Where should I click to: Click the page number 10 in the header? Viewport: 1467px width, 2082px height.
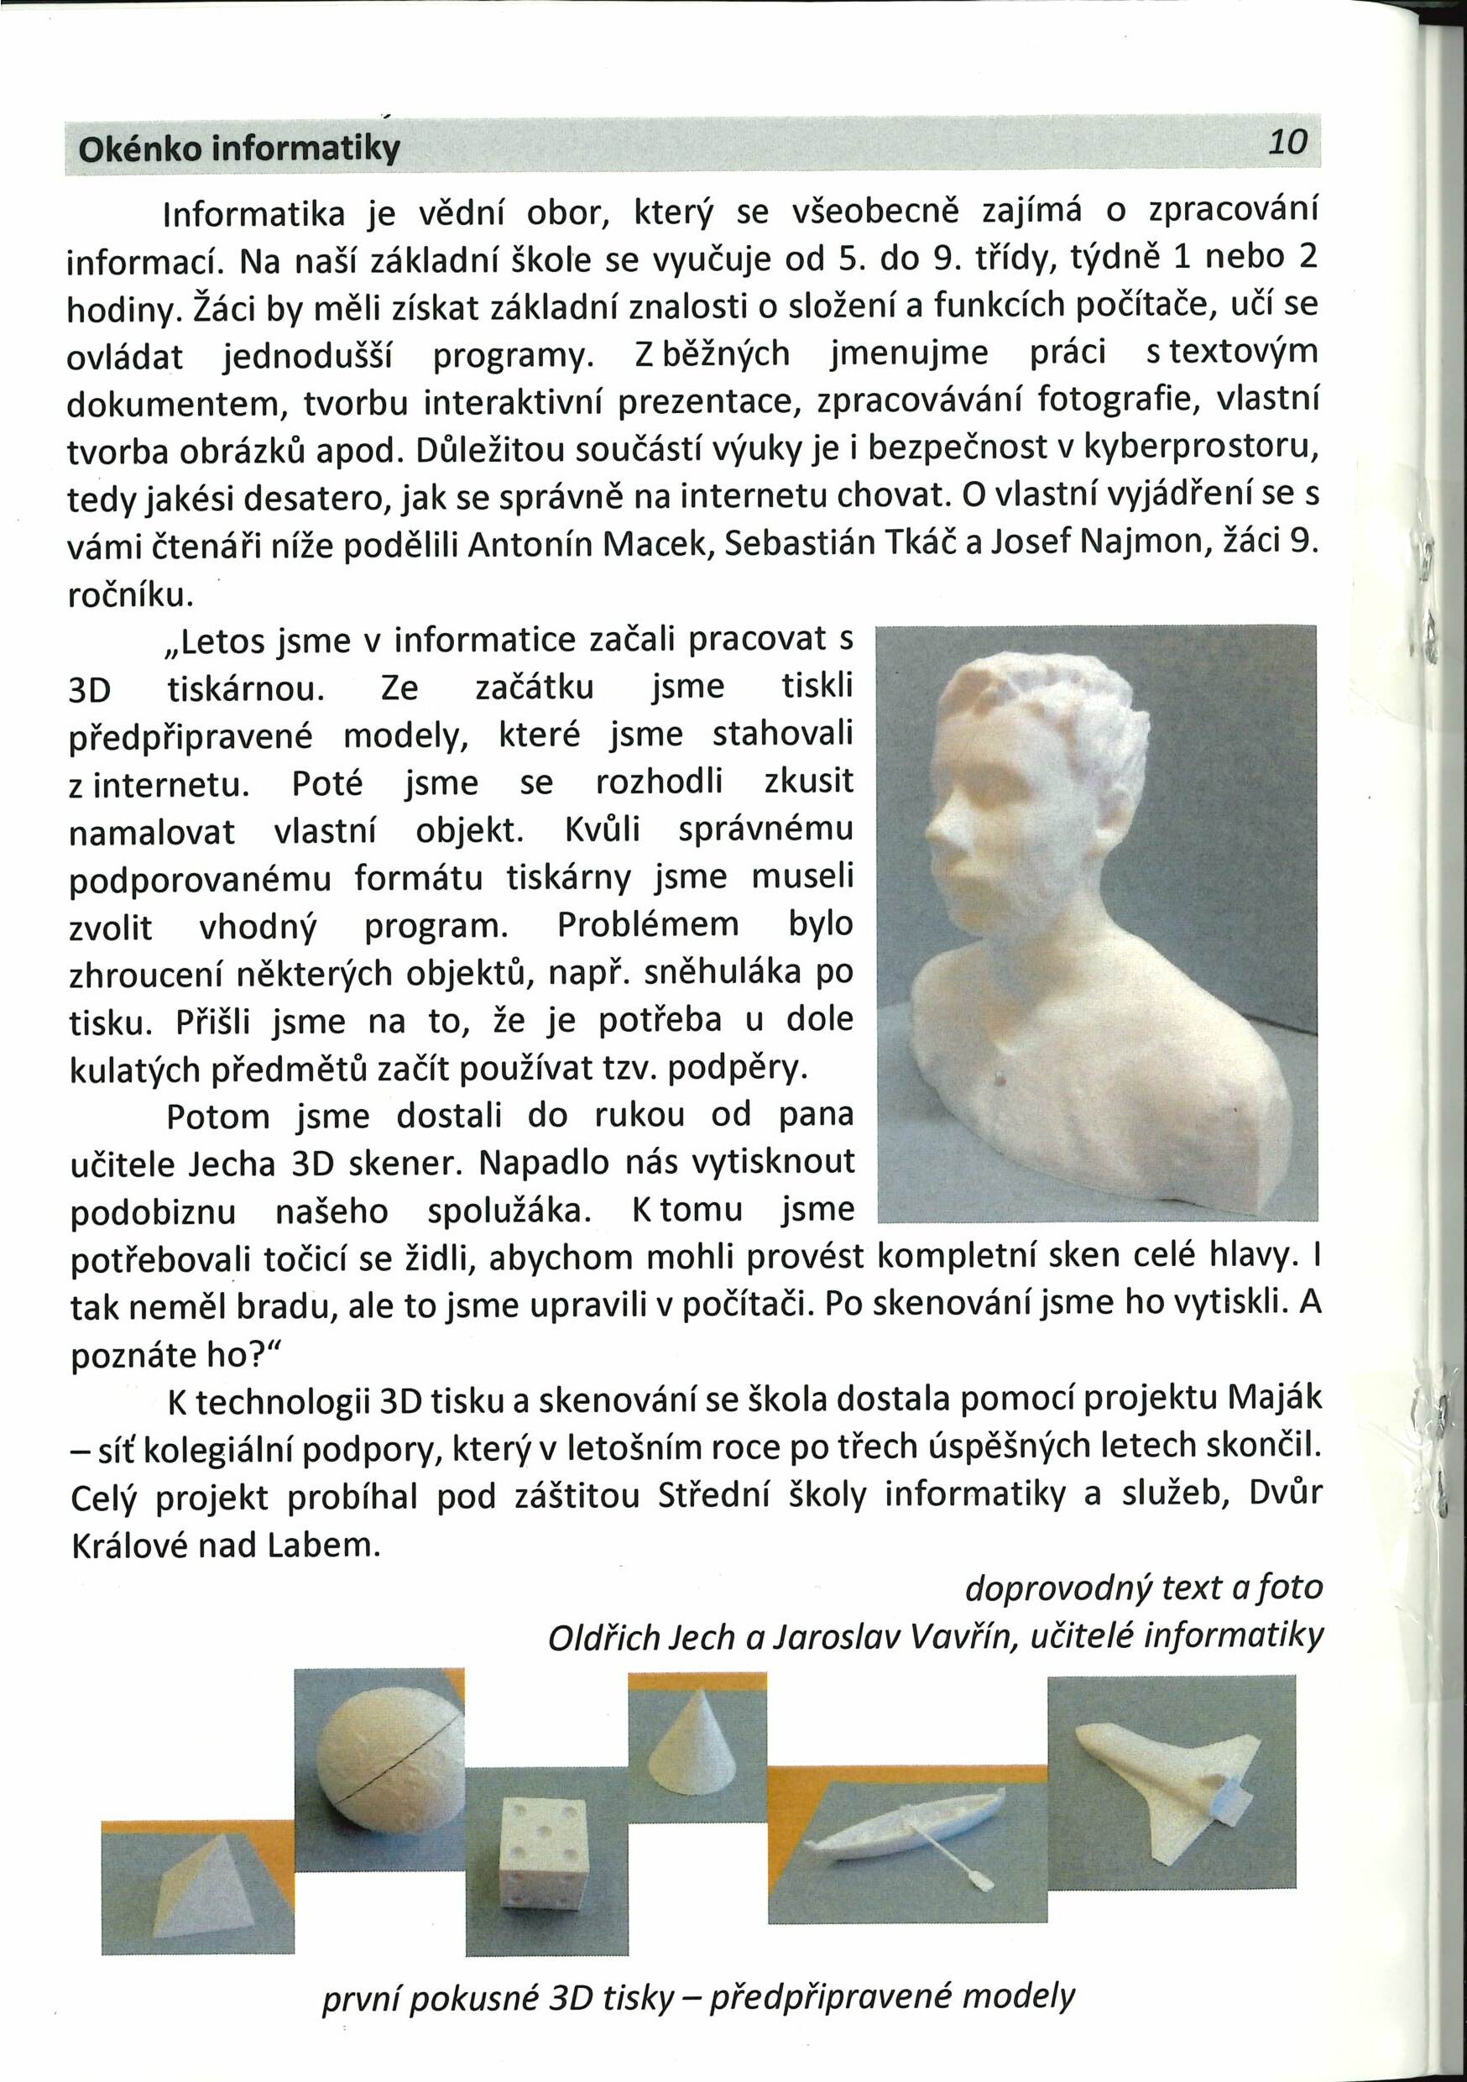[x=1288, y=143]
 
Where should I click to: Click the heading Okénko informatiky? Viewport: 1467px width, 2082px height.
[x=239, y=148]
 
